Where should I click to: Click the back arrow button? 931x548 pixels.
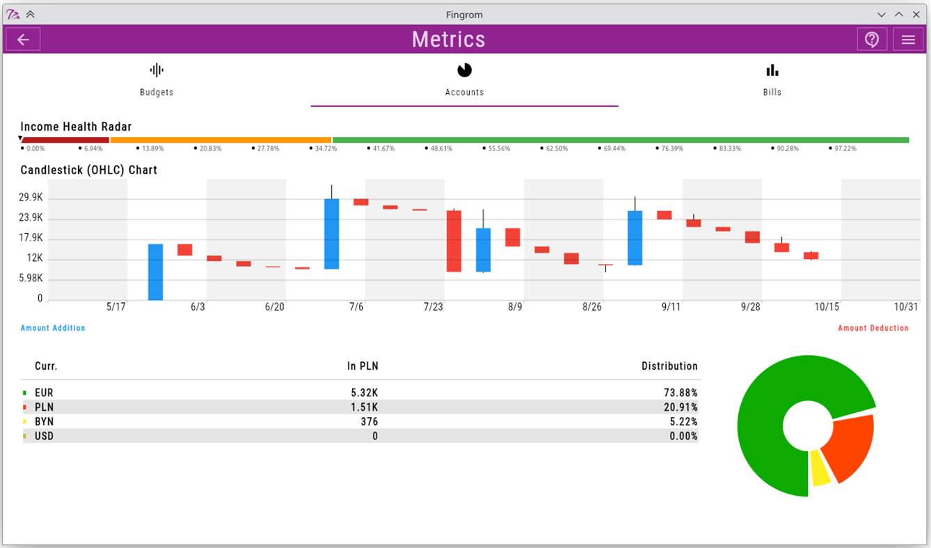click(23, 40)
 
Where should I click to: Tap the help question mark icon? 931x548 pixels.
click(872, 40)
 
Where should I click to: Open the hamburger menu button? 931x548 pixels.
click(908, 40)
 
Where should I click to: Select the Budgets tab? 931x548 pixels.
click(157, 80)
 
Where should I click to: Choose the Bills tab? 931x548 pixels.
click(772, 80)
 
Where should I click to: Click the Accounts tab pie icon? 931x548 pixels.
click(464, 70)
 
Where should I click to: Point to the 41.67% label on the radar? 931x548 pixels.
click(383, 149)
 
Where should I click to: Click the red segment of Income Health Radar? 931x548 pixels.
click(65, 140)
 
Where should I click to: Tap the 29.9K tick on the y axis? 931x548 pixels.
click(31, 198)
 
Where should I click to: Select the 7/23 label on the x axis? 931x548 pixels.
click(433, 307)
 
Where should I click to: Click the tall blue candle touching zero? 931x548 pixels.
click(155, 272)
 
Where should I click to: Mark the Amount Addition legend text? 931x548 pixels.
click(53, 328)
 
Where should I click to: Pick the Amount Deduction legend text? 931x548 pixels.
click(873, 328)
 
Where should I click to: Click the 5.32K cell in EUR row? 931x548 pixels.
click(365, 393)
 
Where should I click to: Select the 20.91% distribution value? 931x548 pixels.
click(681, 407)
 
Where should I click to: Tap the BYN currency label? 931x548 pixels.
click(44, 422)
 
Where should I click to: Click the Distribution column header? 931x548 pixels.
click(669, 366)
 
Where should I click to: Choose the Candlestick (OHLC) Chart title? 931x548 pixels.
click(88, 170)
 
